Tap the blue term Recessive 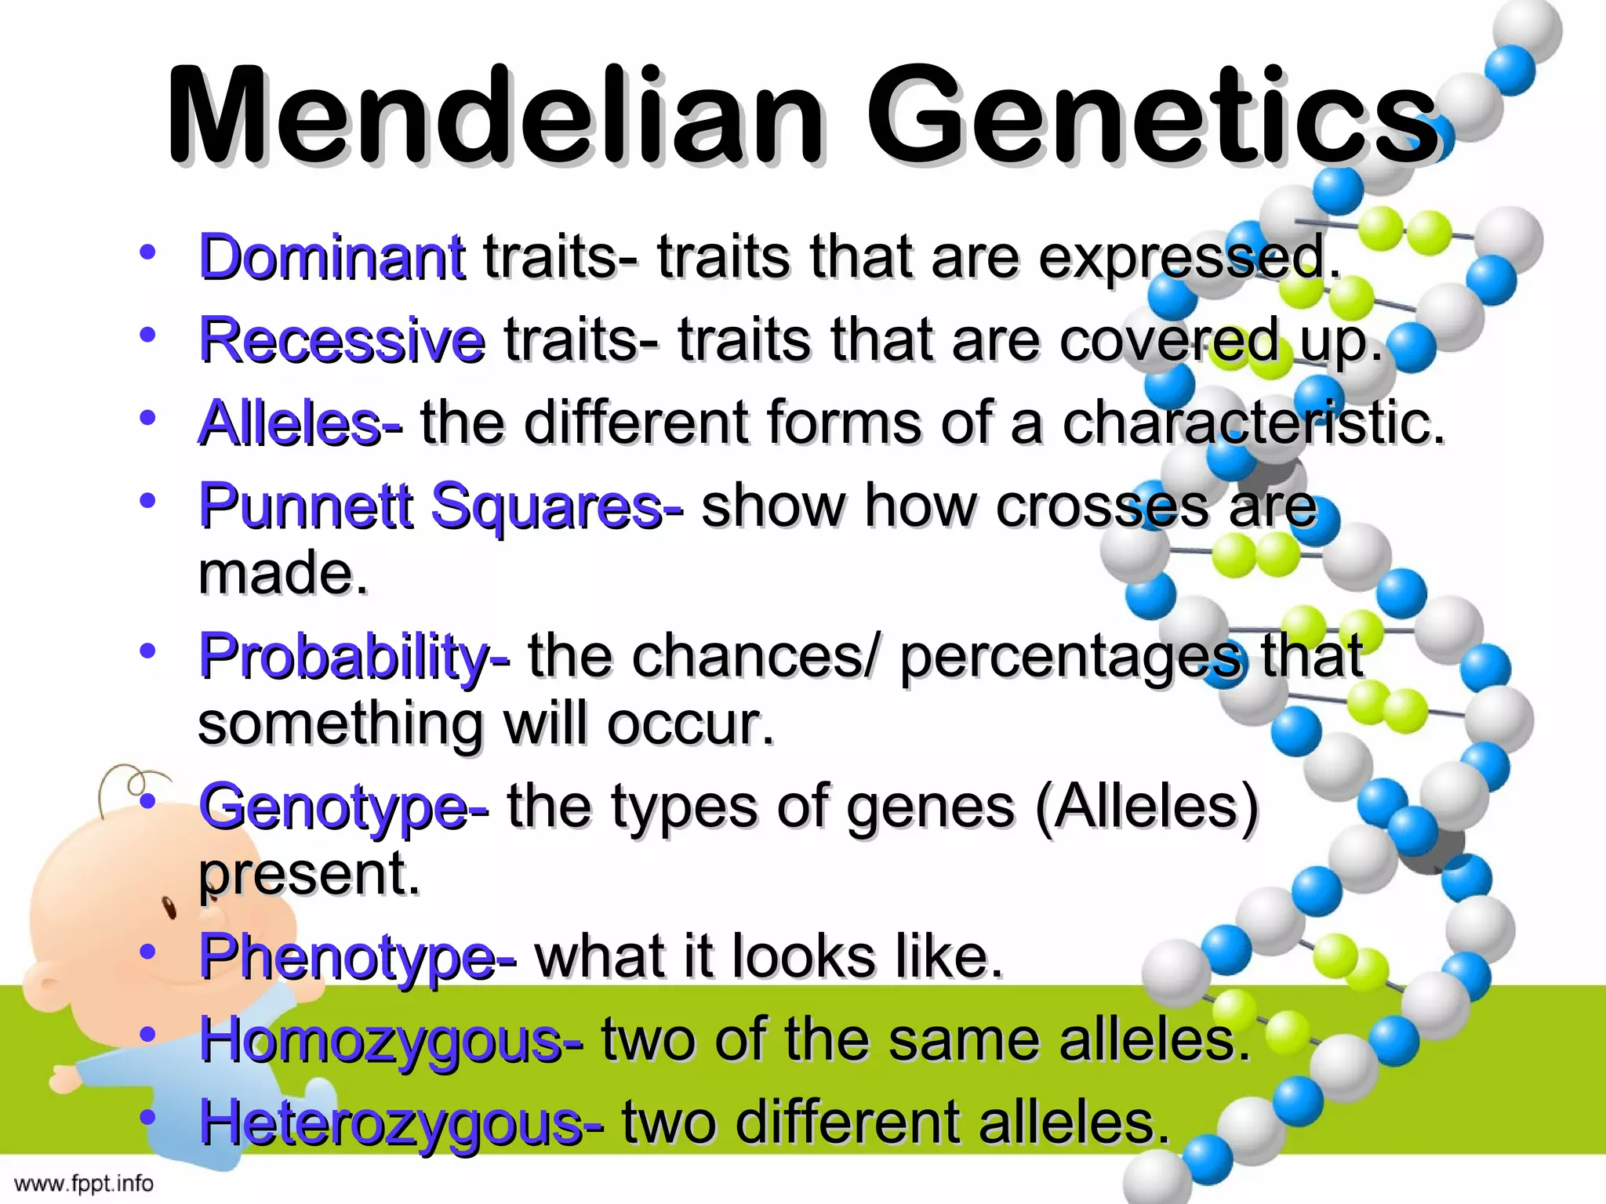coord(342,340)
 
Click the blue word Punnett coord(306,506)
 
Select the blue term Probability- coord(354,657)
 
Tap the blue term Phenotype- coord(358,958)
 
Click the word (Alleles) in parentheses coord(1146,807)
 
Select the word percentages coord(1070,657)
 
